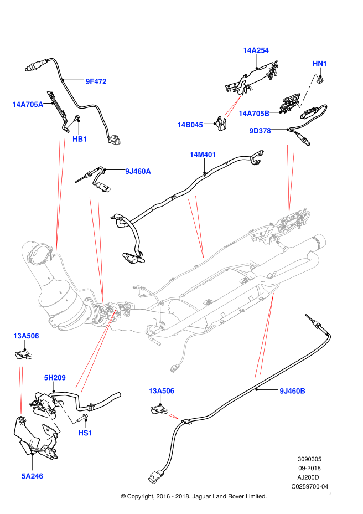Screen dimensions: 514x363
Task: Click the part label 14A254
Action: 256,50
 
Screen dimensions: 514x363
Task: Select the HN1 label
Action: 320,64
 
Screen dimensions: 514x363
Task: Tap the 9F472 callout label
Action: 96,81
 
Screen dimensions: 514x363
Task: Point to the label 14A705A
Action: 28,105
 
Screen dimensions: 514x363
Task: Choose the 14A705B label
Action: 254,114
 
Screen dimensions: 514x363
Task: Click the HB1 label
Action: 80,139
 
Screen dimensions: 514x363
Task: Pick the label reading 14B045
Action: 190,125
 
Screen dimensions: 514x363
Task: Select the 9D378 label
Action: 260,131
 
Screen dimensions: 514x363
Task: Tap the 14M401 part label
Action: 203,155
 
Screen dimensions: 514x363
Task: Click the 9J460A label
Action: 138,172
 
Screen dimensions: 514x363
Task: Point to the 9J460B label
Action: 292,391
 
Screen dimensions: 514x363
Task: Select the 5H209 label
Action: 55,378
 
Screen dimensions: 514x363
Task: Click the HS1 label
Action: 85,433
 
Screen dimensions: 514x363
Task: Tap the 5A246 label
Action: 32,476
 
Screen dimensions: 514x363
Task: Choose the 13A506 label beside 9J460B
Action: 161,391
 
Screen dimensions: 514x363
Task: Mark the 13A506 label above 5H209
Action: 26,336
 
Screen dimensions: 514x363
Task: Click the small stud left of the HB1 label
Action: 70,124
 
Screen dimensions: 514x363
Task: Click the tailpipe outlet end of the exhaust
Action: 319,241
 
